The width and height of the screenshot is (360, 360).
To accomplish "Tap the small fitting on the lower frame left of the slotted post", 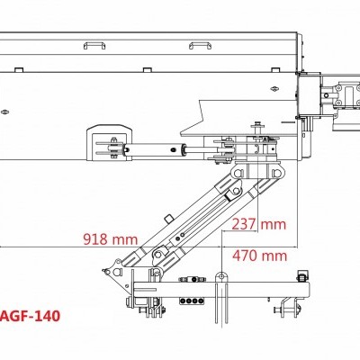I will tap(184, 282).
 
